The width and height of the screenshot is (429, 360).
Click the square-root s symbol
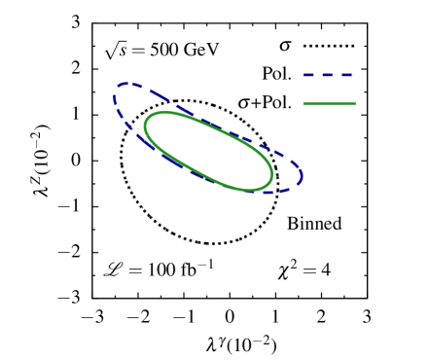pos(116,51)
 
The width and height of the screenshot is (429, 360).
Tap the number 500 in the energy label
pos(164,51)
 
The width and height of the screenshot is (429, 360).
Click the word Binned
pos(314,224)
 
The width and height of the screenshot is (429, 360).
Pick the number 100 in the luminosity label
pos(161,269)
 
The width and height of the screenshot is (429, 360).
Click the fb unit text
pos(189,269)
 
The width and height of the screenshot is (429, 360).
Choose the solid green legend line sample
pos(329,103)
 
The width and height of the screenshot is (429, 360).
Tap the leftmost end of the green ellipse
pos(145,125)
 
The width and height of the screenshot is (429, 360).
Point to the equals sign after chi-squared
pos(309,270)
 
